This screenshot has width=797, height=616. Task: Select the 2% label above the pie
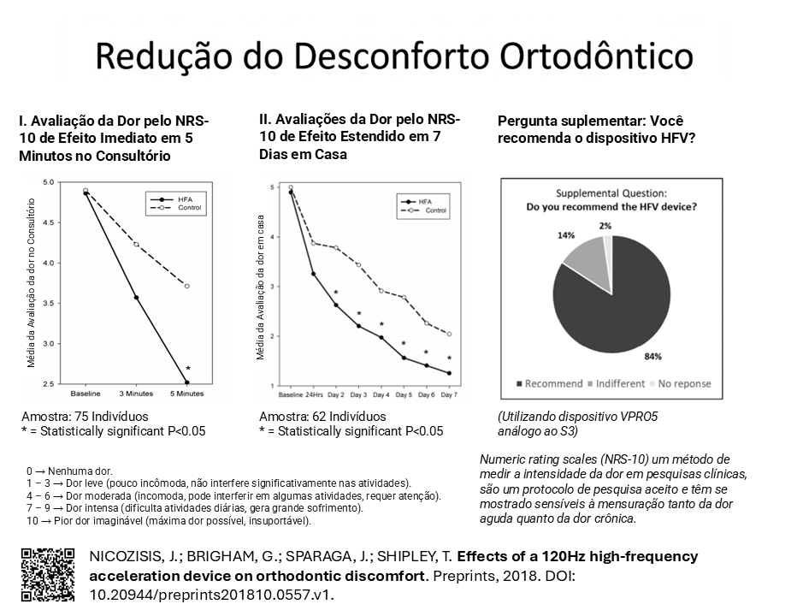[x=605, y=226]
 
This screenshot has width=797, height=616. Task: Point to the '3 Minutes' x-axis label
[x=136, y=394]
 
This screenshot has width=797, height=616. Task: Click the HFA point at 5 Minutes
[x=187, y=382]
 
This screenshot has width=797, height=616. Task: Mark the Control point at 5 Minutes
[x=187, y=286]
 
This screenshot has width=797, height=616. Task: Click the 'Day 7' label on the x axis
[x=449, y=394]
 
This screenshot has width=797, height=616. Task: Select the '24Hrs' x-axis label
[x=314, y=394]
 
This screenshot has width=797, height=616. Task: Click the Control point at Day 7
[x=449, y=334]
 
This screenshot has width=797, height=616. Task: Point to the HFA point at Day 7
[x=449, y=373]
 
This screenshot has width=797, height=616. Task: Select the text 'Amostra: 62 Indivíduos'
[x=322, y=417]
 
